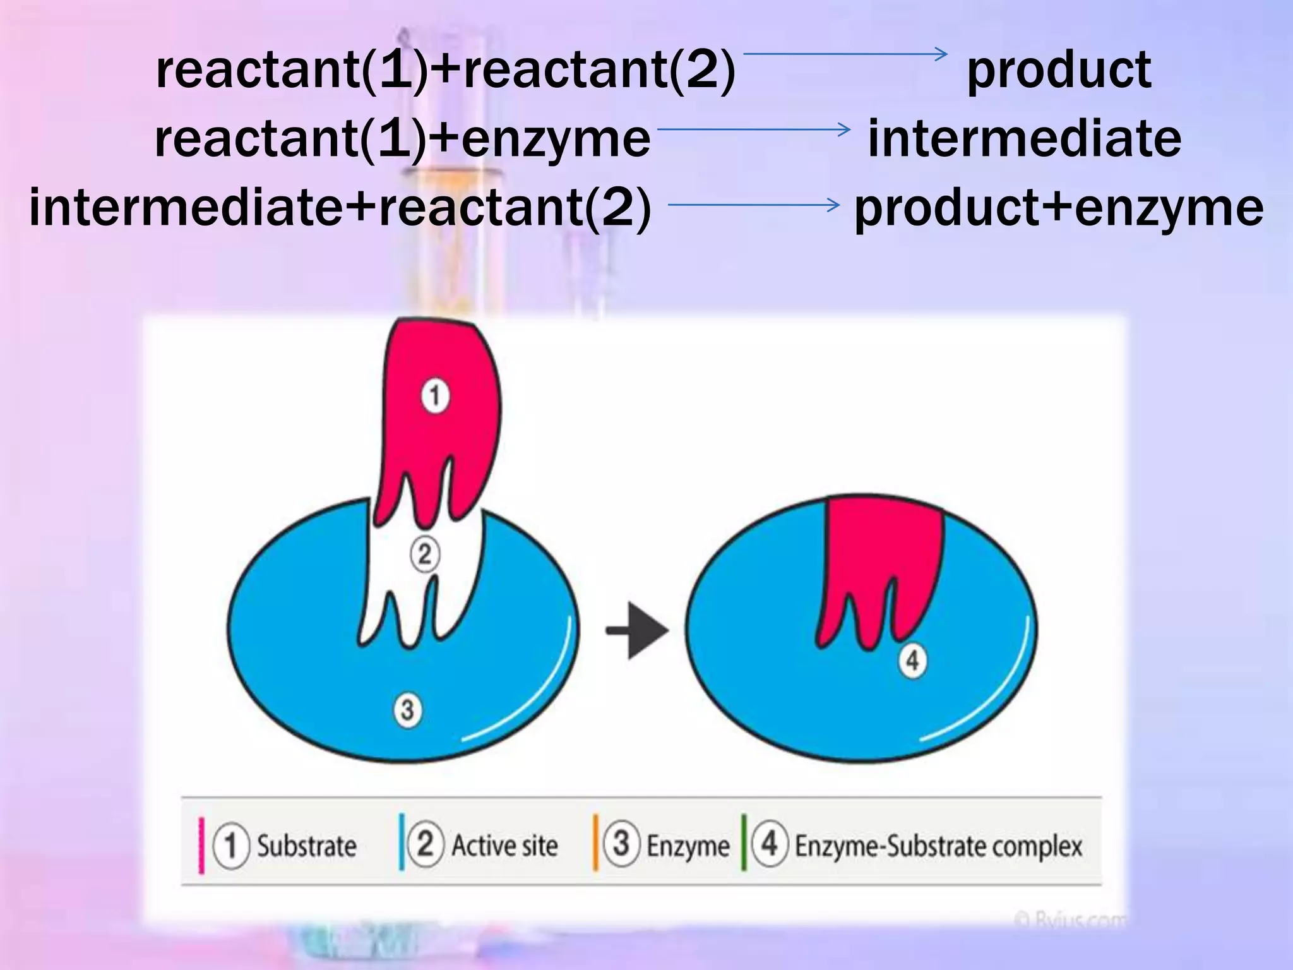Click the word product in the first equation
click(x=1059, y=71)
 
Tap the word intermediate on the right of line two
click(x=1024, y=139)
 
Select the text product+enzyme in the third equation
click(x=1059, y=208)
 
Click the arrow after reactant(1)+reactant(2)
click(x=846, y=54)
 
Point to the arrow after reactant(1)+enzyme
click(x=754, y=129)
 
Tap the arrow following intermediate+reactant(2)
click(x=754, y=205)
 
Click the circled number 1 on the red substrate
click(x=435, y=396)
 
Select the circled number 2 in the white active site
click(x=425, y=554)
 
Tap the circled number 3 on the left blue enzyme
click(x=408, y=709)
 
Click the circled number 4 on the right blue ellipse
click(x=912, y=661)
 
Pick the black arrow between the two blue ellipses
click(x=636, y=630)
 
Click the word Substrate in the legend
click(x=306, y=846)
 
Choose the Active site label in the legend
click(x=504, y=846)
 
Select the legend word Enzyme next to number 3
click(x=688, y=846)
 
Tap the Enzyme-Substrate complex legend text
click(x=938, y=846)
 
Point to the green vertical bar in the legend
click(x=744, y=843)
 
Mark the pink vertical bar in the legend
click(x=201, y=846)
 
